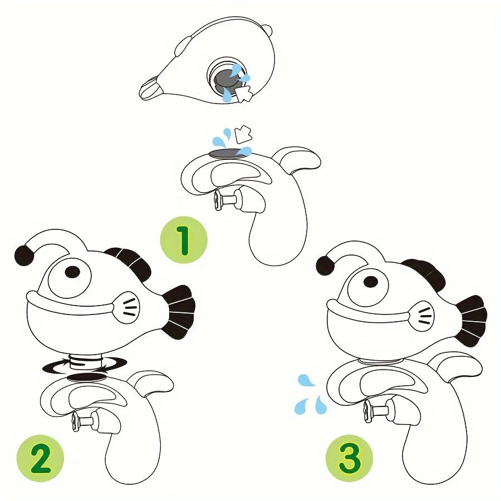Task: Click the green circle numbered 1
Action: tap(184, 240)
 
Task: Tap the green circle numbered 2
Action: tap(40, 459)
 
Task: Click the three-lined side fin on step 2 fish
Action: tap(126, 307)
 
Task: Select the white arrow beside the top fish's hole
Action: tap(244, 94)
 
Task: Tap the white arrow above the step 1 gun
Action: tap(244, 134)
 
